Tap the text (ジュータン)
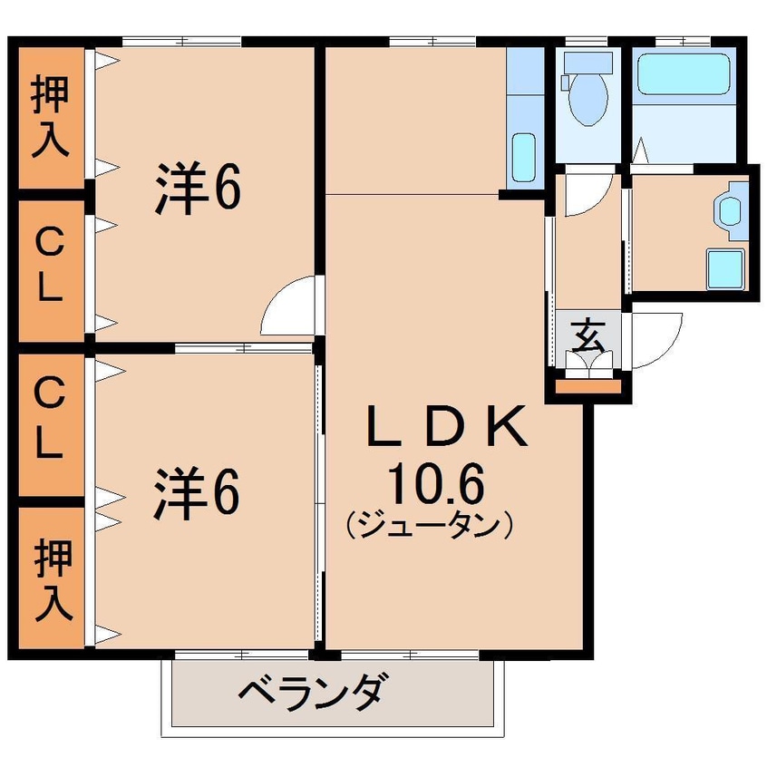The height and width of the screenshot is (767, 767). (430, 525)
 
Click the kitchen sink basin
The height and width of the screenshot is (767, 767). (523, 158)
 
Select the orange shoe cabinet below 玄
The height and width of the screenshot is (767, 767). (587, 389)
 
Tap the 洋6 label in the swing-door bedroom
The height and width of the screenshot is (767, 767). (197, 189)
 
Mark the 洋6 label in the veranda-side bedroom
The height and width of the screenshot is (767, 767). (197, 494)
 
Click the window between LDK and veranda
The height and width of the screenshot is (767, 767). (409, 654)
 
